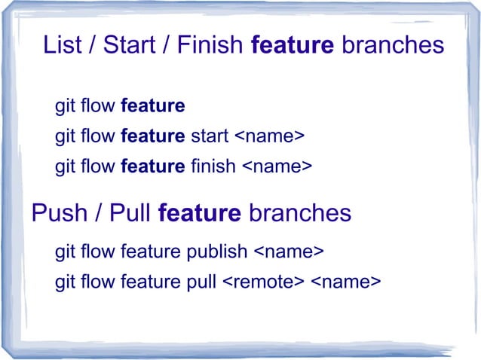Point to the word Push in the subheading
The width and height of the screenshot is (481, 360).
click(x=60, y=213)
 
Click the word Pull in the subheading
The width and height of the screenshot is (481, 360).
click(x=130, y=213)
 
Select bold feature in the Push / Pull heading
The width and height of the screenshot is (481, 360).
click(x=200, y=213)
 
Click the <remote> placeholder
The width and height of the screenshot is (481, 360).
click(x=263, y=282)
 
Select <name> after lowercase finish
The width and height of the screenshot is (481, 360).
click(x=276, y=166)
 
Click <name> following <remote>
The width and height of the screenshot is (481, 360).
click(x=345, y=282)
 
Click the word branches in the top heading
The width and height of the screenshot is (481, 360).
click(x=392, y=45)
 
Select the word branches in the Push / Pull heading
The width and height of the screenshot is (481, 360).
click(x=299, y=213)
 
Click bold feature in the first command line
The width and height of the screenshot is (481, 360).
click(x=152, y=106)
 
